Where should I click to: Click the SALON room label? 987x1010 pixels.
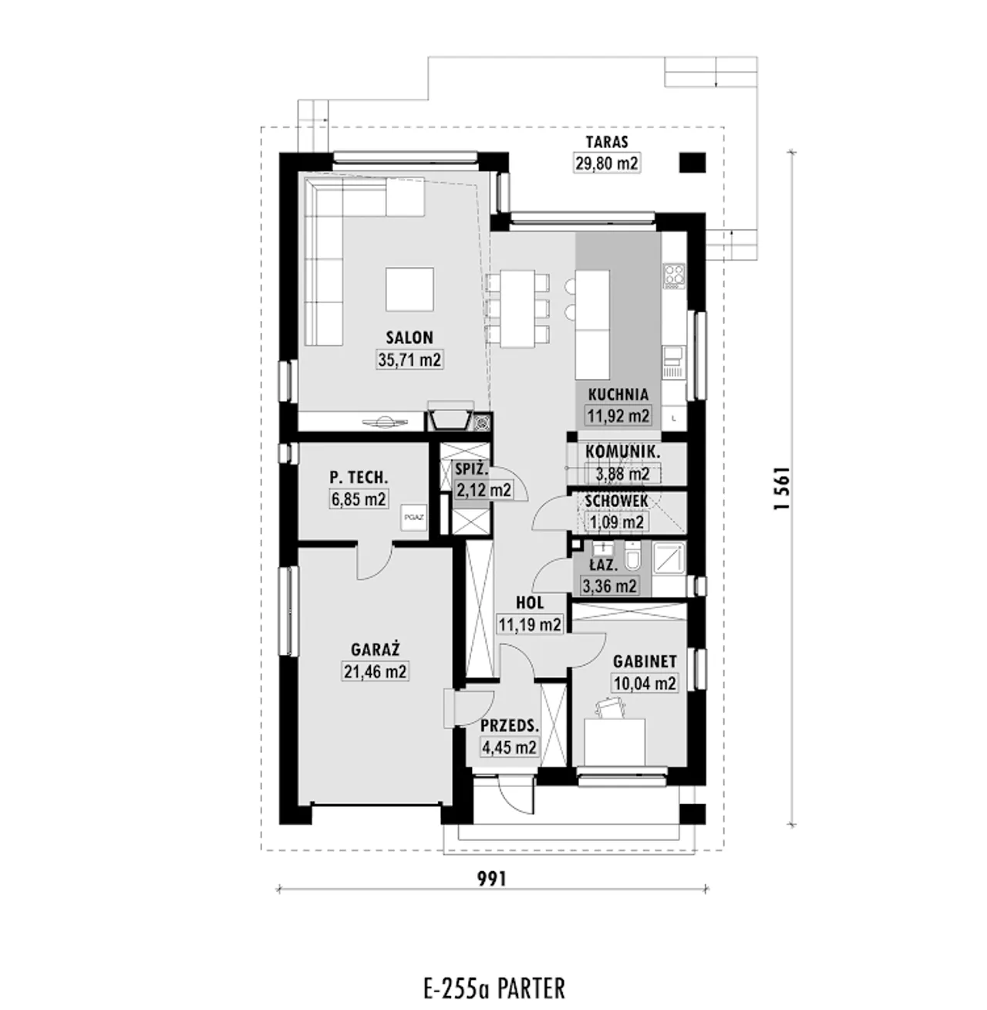[409, 338]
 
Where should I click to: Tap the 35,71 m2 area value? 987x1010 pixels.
[409, 360]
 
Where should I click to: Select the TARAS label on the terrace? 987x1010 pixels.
[607, 142]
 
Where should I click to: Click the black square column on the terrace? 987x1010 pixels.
[692, 163]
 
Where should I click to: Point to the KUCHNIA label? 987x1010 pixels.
[618, 394]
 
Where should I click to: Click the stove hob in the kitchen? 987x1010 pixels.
[674, 276]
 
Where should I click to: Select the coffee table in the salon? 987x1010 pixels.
[409, 289]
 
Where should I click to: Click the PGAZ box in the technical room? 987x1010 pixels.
[414, 518]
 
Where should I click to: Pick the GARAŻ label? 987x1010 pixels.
[376, 650]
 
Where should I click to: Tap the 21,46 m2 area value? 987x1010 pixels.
[376, 671]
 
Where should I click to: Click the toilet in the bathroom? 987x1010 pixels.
[634, 556]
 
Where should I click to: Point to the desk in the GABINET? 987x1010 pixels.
[615, 741]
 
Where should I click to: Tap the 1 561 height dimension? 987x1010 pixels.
[781, 488]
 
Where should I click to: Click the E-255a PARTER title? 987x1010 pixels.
[493, 988]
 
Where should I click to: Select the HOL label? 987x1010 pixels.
[530, 603]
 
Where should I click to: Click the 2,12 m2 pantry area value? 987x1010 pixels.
[484, 490]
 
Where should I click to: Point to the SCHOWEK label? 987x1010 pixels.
[617, 501]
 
